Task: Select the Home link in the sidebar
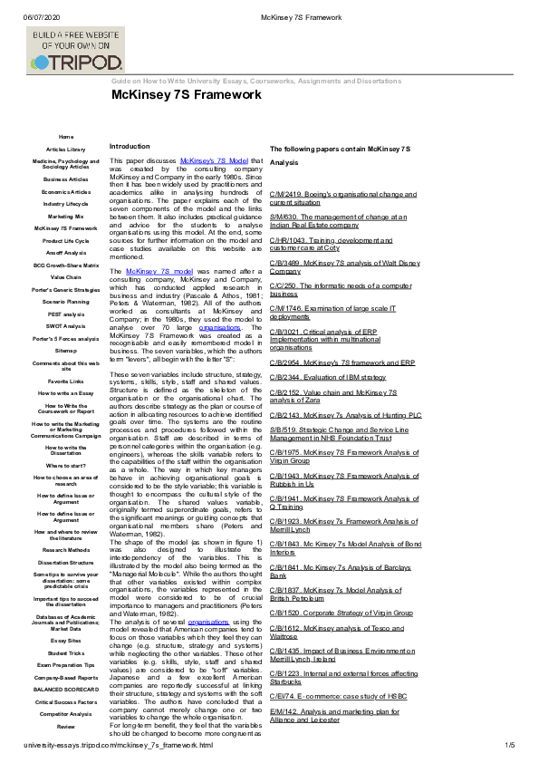[66, 136]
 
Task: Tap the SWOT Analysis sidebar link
[66, 326]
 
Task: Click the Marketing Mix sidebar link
[66, 217]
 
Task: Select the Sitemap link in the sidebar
[66, 349]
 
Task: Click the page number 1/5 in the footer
[509, 745]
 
